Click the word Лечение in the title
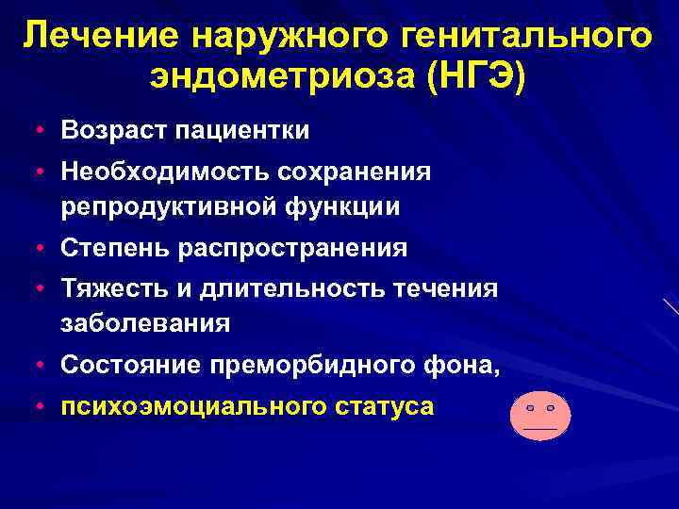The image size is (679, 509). point(101,39)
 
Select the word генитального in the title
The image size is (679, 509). point(526,39)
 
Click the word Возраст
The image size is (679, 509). point(113,130)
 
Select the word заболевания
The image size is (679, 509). point(145,323)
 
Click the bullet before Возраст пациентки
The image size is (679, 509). point(33,130)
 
